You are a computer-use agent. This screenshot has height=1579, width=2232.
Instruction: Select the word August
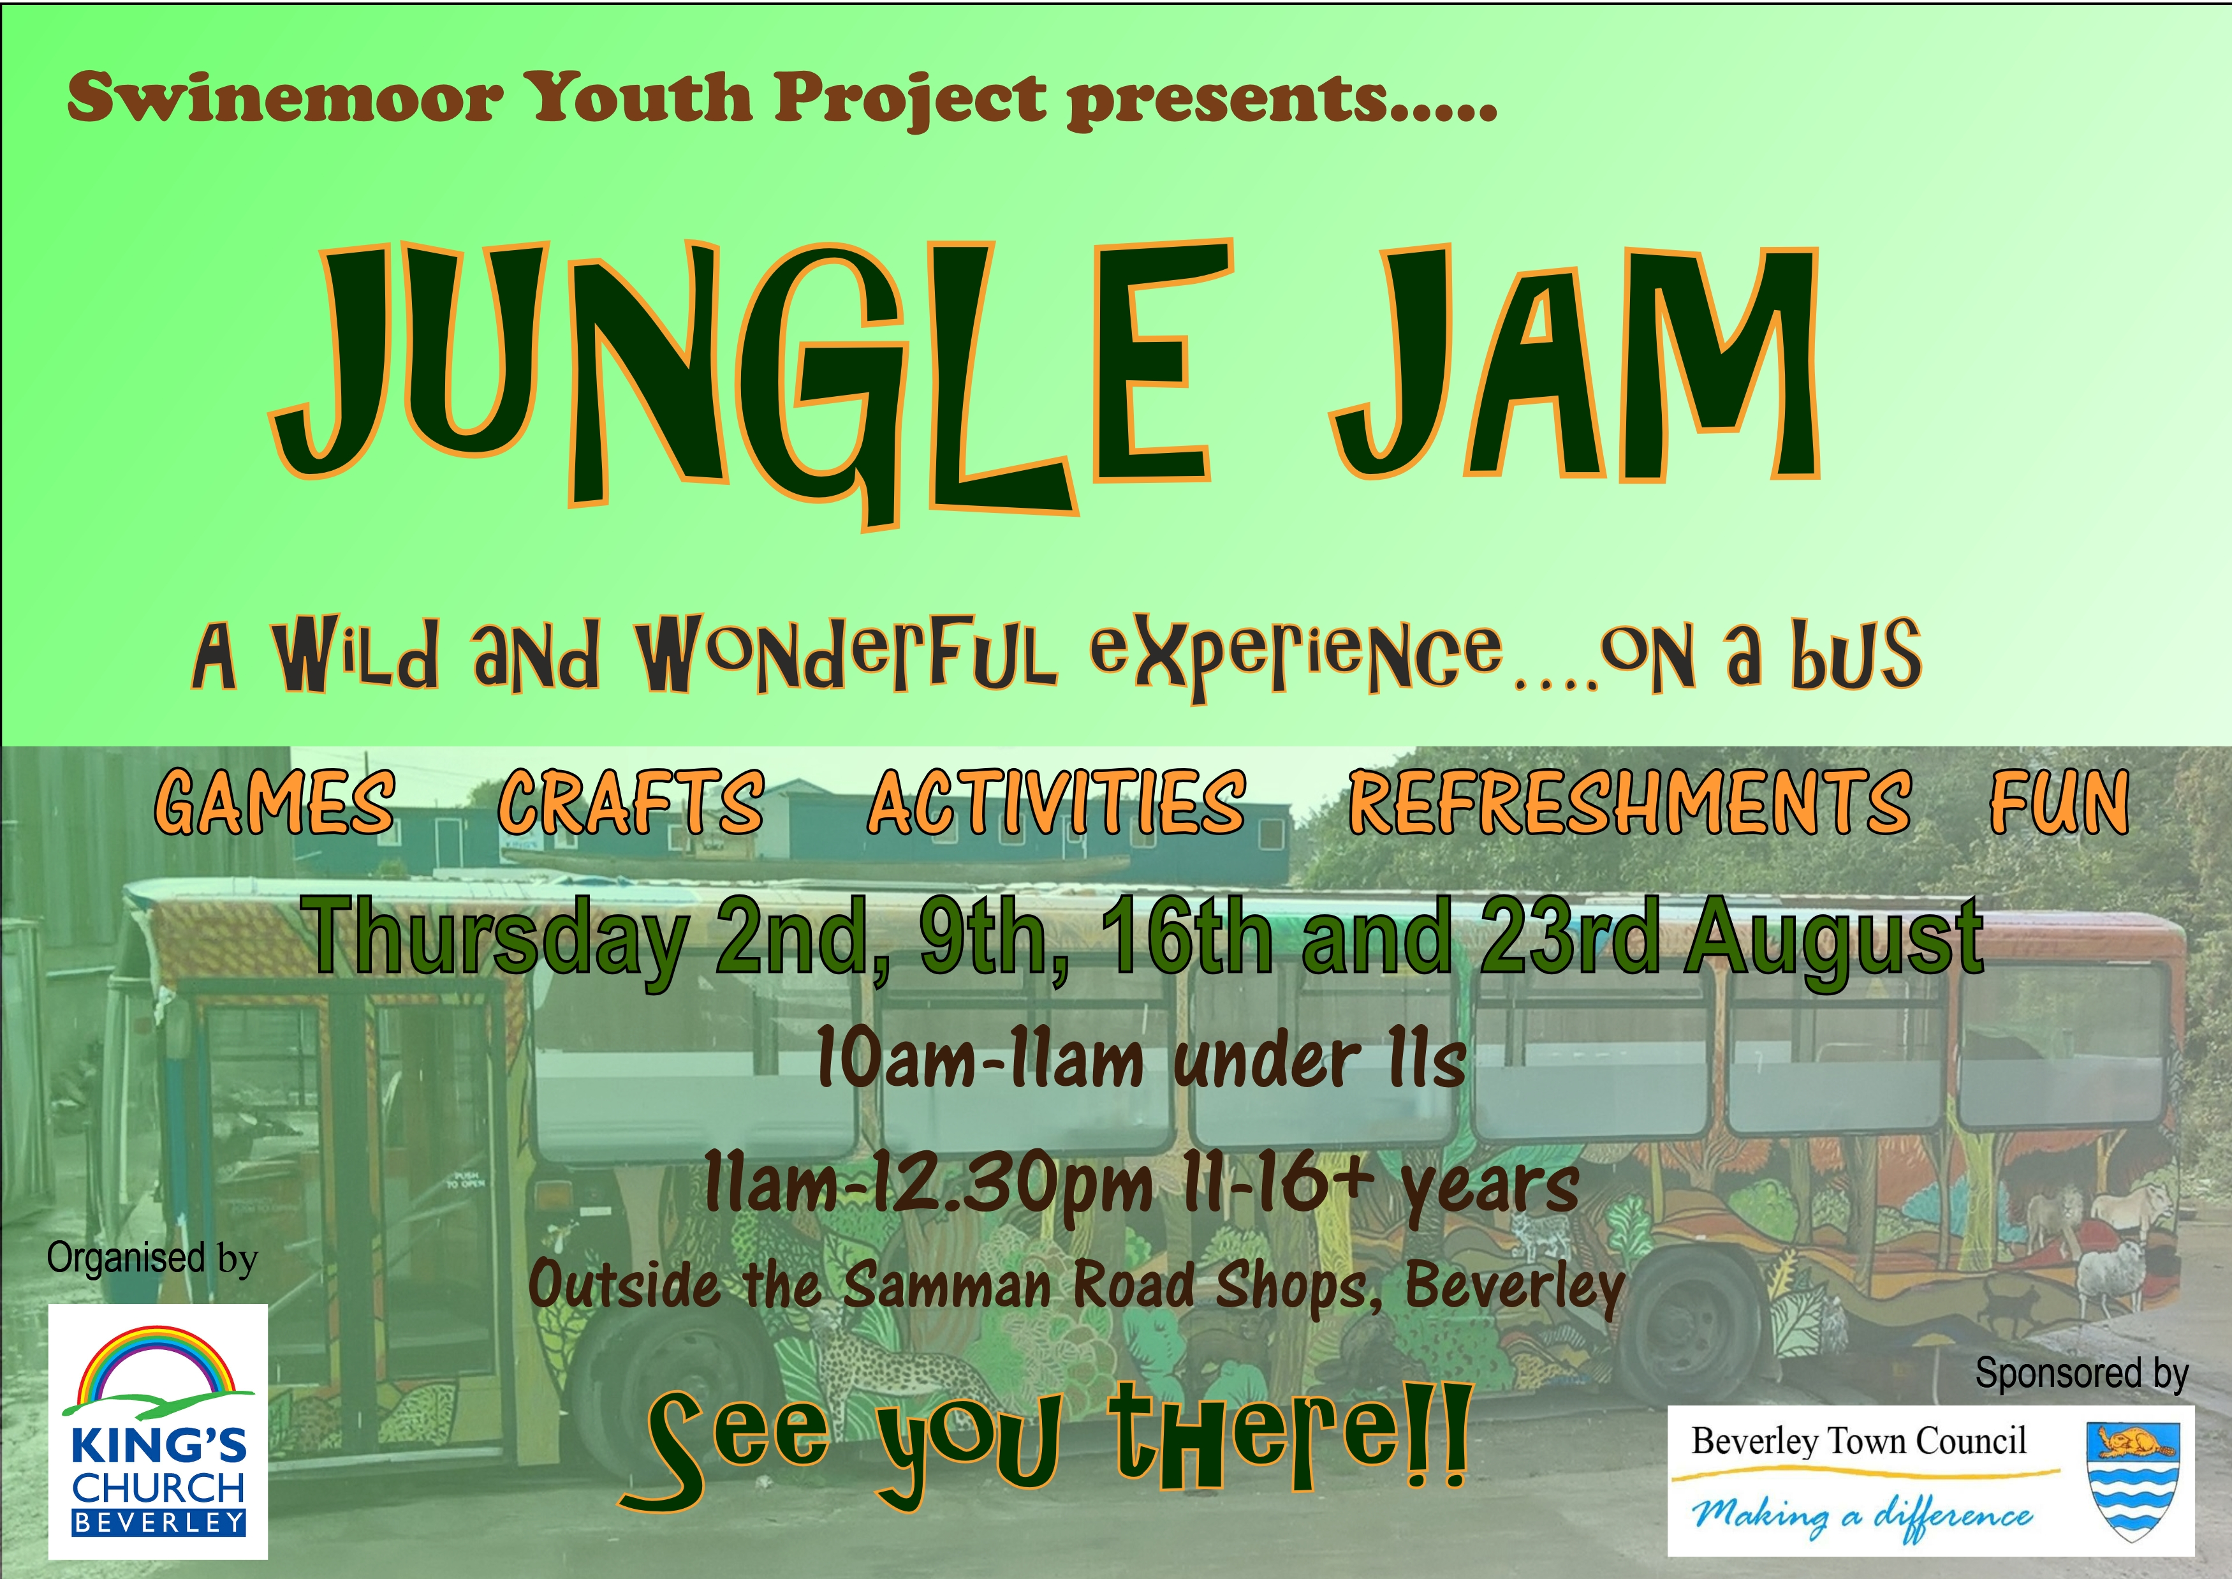click(x=1835, y=941)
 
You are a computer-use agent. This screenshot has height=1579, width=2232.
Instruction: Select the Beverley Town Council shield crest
click(x=2134, y=1482)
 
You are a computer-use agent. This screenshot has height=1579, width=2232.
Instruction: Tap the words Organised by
click(x=152, y=1258)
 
